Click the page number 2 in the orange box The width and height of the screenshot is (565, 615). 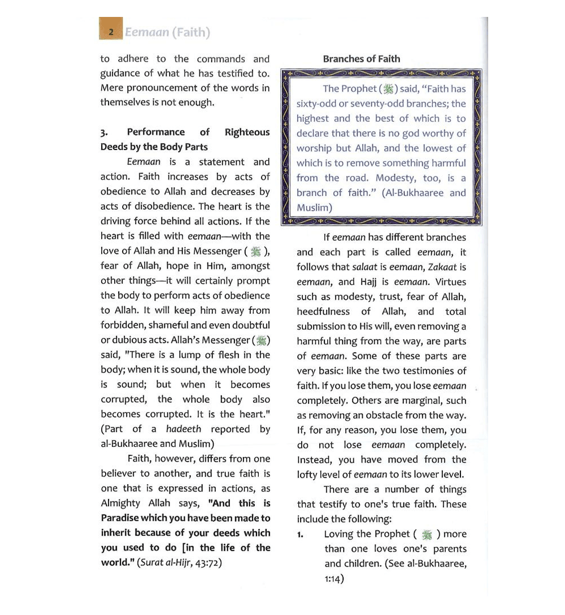pyautogui.click(x=112, y=32)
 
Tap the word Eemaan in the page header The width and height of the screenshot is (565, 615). pyautogui.click(x=147, y=32)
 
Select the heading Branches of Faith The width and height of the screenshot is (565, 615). pyautogui.click(x=362, y=59)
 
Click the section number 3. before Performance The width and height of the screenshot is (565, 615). pyautogui.click(x=104, y=133)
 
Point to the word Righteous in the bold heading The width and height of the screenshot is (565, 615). pyautogui.click(x=247, y=132)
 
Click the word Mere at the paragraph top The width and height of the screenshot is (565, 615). pyautogui.click(x=111, y=88)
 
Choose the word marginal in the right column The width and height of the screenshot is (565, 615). pyautogui.click(x=418, y=401)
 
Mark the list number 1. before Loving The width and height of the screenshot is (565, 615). pyautogui.click(x=301, y=534)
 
